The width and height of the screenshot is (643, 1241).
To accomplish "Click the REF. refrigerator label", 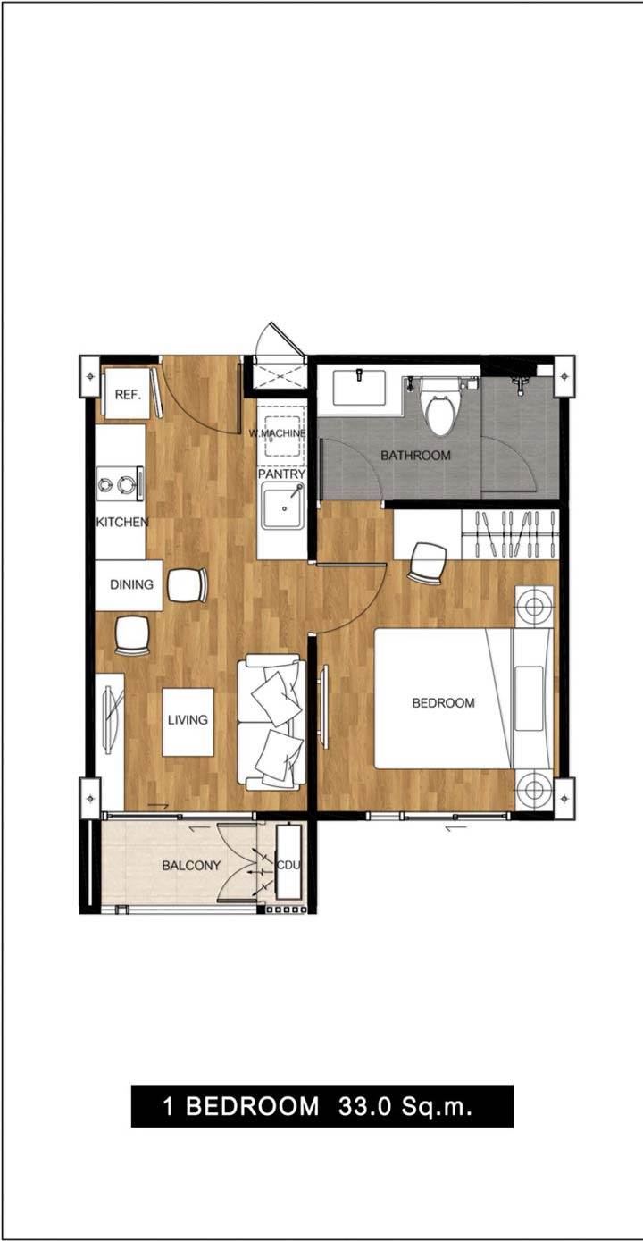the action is click(x=128, y=395).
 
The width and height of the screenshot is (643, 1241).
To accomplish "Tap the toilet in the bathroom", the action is click(x=441, y=407).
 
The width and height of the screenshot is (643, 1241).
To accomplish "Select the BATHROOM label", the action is click(x=415, y=456).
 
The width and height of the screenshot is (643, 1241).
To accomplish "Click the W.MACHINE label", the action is click(x=277, y=432).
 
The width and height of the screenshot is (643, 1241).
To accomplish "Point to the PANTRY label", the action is click(x=282, y=474).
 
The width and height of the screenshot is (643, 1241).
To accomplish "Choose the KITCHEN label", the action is click(x=122, y=522).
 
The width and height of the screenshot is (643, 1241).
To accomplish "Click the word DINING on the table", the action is click(x=132, y=584).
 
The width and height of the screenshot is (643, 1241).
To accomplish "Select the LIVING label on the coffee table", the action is click(x=188, y=719).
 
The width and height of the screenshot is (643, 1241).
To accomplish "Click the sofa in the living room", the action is click(x=271, y=722).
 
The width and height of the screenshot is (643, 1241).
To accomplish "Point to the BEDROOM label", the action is click(x=443, y=703).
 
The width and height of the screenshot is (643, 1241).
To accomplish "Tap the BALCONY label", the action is click(x=191, y=866).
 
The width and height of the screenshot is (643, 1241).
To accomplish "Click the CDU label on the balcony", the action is click(x=288, y=866).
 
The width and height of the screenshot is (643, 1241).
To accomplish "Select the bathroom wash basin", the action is click(x=359, y=389).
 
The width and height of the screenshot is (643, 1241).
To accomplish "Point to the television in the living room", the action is click(x=112, y=719).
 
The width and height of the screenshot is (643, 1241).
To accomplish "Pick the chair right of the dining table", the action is click(x=188, y=585).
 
